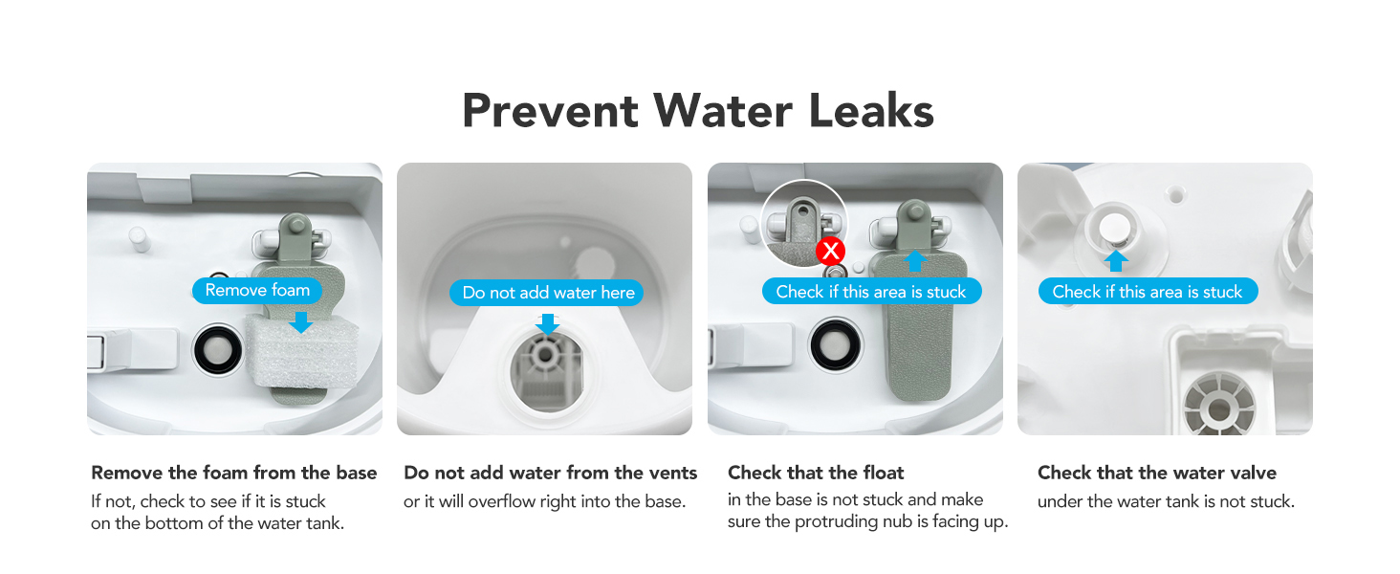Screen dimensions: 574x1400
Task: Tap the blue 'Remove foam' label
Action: tap(257, 291)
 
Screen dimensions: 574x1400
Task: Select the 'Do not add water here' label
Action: tap(547, 293)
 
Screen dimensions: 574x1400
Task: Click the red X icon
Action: tap(831, 252)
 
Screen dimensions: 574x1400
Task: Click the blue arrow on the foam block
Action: tap(301, 321)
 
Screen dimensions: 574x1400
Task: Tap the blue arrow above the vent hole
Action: tap(547, 324)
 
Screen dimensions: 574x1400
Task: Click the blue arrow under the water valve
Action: tap(1116, 260)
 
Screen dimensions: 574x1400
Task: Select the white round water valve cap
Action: tap(1115, 229)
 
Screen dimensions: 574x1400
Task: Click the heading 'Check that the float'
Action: tap(816, 473)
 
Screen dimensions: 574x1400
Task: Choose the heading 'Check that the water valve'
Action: tap(1156, 473)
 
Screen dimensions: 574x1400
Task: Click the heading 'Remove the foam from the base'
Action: tap(234, 473)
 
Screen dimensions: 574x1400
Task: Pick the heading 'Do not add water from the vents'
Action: tap(551, 473)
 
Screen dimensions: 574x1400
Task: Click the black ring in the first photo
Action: tap(219, 353)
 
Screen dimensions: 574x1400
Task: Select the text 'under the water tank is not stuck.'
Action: tap(1166, 501)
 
